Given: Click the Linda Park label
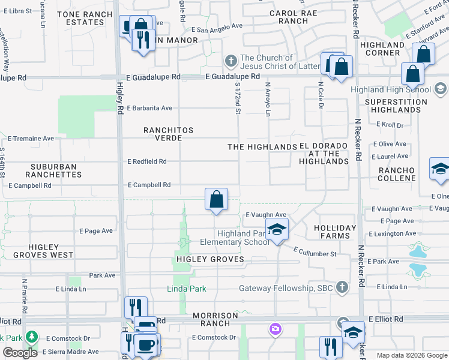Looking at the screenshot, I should (x=186, y=289).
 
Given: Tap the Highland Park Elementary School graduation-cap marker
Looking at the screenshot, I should (x=277, y=230).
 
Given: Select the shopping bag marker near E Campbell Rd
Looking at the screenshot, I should (x=216, y=199).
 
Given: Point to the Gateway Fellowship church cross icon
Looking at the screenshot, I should (x=342, y=287).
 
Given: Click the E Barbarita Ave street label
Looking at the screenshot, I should (x=149, y=108).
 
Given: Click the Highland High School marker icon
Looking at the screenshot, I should (x=440, y=89).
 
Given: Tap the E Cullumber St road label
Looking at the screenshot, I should (x=315, y=254).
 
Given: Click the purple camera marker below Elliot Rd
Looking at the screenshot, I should (x=275, y=328).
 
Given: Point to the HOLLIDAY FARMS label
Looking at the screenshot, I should (x=335, y=232).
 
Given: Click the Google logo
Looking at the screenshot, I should (x=20, y=353).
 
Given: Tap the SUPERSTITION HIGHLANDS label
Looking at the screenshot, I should (x=396, y=106).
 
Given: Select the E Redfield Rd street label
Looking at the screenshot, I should (x=147, y=161).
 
